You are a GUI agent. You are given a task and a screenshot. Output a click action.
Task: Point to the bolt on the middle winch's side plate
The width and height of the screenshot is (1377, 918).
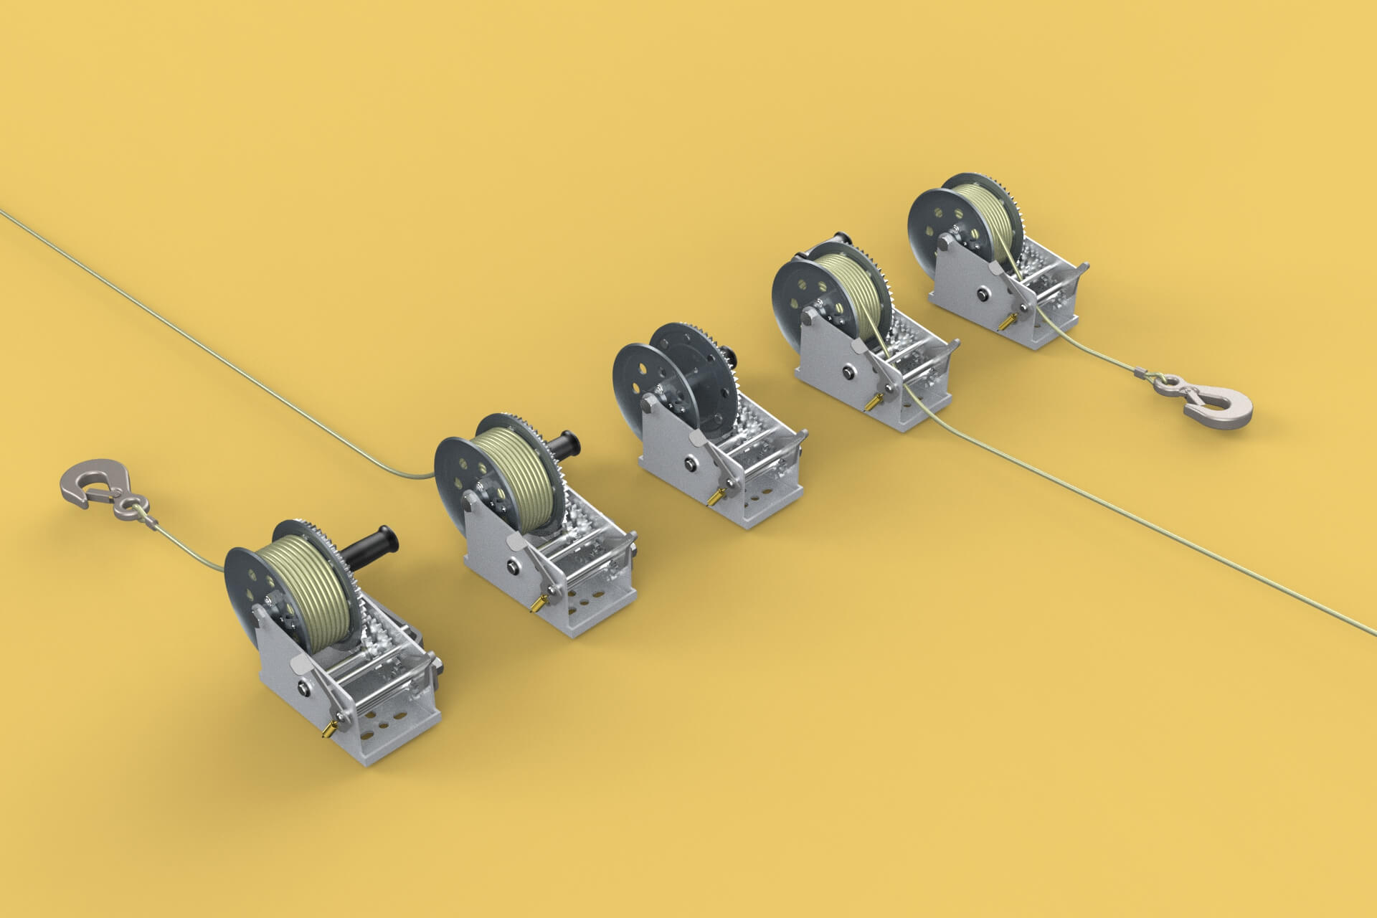coord(689,464)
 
